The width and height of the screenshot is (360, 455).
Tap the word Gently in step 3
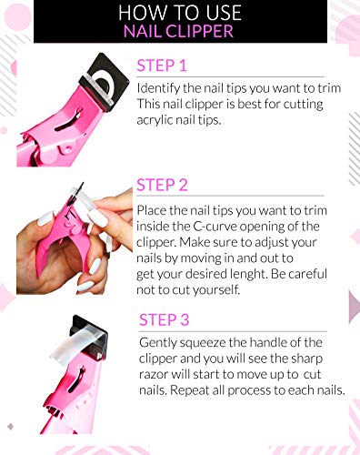[x=161, y=342]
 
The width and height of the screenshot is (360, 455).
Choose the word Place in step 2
[x=155, y=210]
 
